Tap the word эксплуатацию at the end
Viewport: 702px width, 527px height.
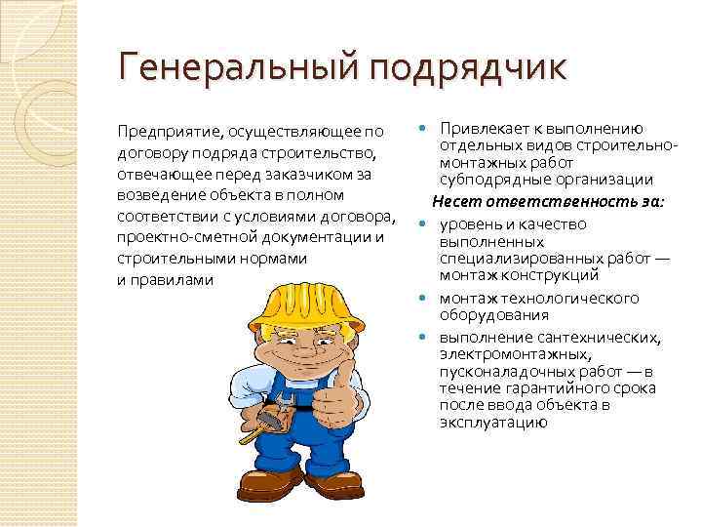click(x=493, y=423)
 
